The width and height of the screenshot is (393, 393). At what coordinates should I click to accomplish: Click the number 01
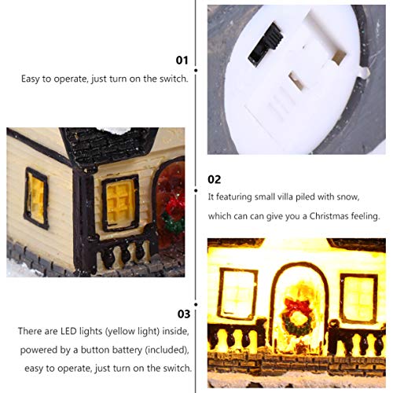click(182, 60)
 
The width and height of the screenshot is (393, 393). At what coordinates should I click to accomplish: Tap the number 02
click(215, 179)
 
